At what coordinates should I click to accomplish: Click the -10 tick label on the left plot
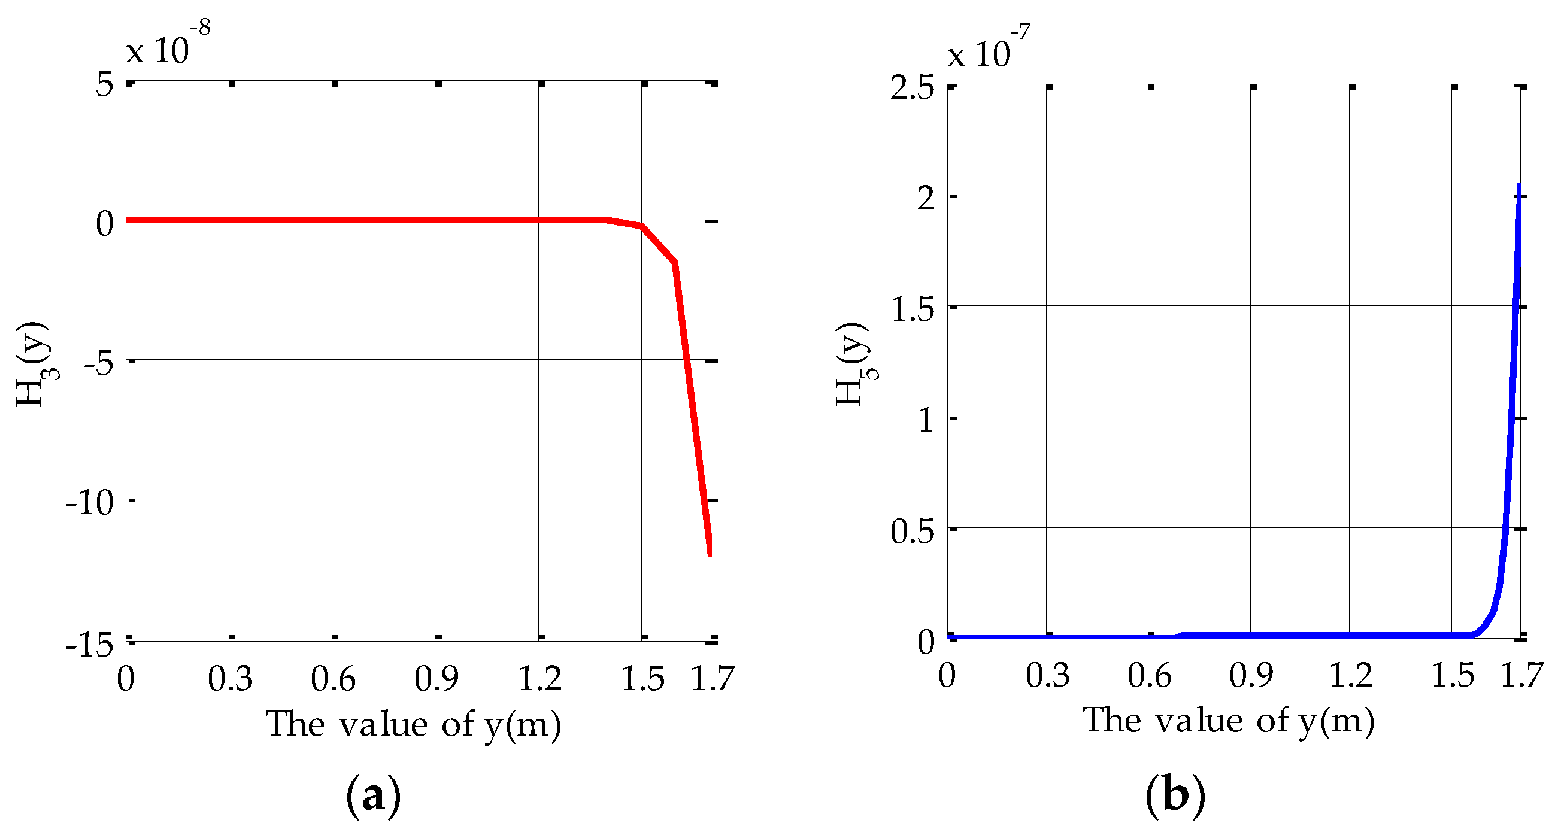(x=89, y=502)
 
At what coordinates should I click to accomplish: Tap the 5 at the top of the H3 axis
(x=104, y=84)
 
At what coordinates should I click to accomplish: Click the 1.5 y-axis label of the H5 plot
(x=912, y=309)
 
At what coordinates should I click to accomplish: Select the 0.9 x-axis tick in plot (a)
(x=436, y=678)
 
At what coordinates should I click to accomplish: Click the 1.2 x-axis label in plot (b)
(x=1351, y=675)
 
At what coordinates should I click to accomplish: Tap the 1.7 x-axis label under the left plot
(x=712, y=678)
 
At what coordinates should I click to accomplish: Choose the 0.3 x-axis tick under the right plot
(x=1047, y=675)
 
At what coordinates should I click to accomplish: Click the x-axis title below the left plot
(x=414, y=724)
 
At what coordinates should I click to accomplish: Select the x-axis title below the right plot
(x=1228, y=721)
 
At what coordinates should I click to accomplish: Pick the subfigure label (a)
(x=373, y=795)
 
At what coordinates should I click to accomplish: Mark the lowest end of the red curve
(x=710, y=554)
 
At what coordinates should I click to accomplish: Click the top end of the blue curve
(x=1518, y=184)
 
